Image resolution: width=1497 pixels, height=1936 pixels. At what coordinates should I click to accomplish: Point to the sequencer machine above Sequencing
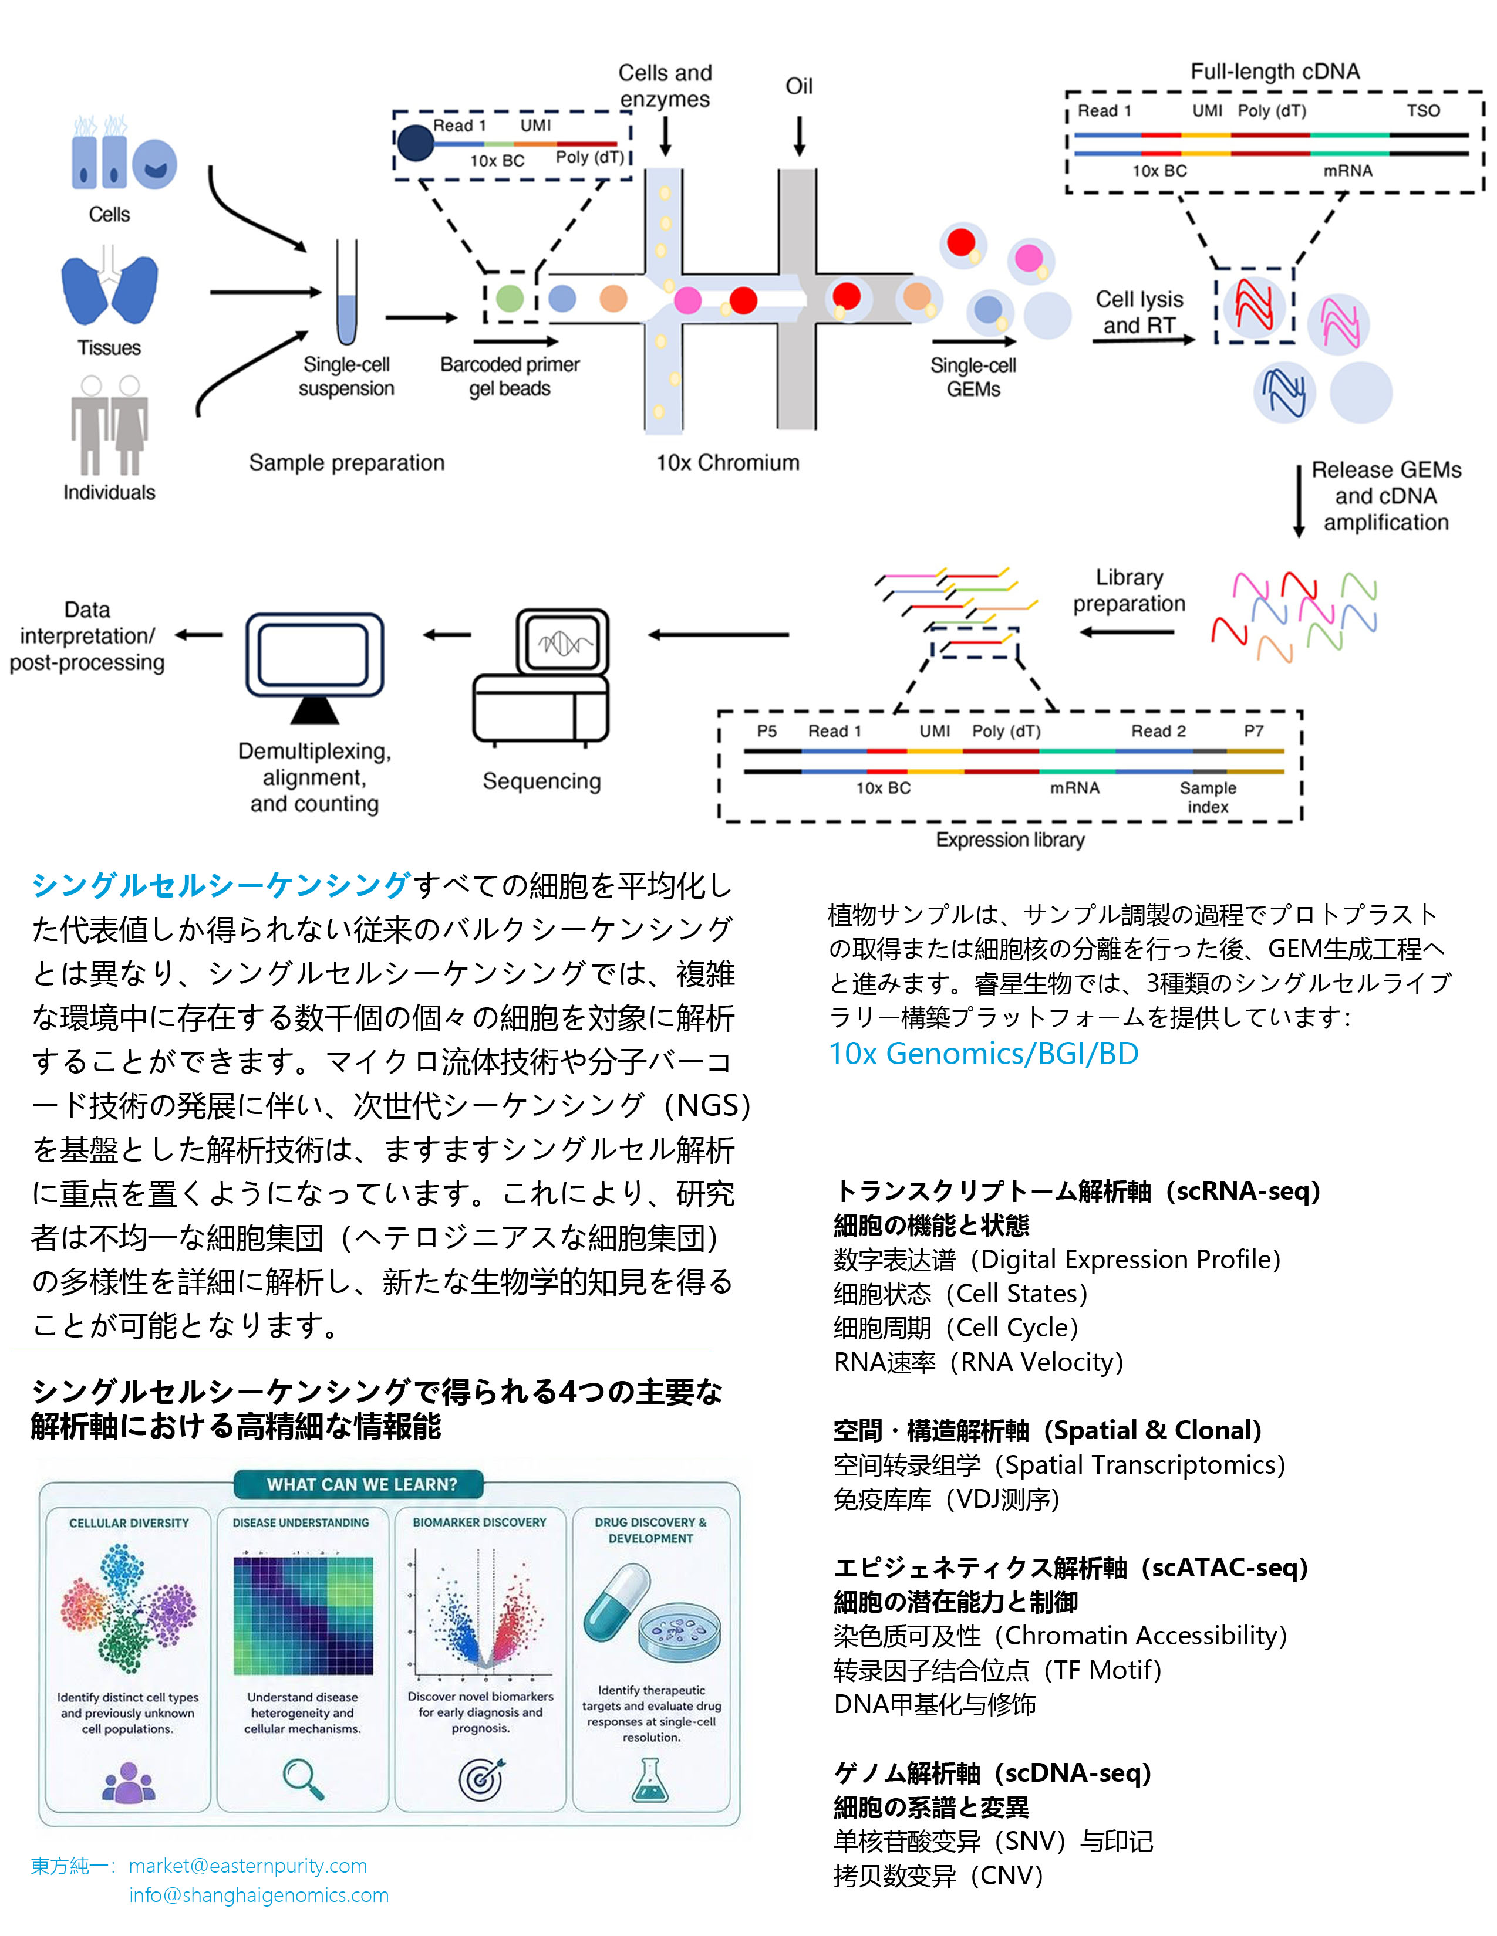tap(541, 675)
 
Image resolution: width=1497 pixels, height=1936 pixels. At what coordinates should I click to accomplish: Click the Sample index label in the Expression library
tap(1208, 797)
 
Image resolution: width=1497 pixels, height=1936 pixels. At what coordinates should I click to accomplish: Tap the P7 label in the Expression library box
tap(1253, 732)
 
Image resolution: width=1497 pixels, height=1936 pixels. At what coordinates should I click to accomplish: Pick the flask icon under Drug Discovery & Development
tap(650, 1780)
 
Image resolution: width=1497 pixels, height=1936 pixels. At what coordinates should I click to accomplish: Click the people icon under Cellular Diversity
tap(129, 1782)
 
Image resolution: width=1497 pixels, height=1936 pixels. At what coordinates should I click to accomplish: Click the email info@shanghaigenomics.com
tap(259, 1894)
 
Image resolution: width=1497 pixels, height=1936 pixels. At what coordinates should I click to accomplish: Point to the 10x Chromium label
tap(727, 463)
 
